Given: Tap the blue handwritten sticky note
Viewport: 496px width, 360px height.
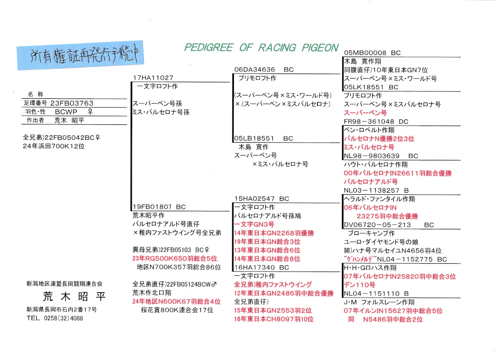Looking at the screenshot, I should tap(80, 55).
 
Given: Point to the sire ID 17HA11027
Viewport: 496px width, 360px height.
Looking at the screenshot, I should tap(153, 78).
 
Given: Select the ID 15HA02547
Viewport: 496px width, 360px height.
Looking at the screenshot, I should tap(255, 199).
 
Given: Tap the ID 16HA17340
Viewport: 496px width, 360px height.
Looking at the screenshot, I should tap(255, 267).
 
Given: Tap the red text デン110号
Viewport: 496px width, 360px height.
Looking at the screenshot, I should tap(359, 285).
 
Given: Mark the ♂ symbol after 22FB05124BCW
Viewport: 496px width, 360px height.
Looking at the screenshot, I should tap(214, 284).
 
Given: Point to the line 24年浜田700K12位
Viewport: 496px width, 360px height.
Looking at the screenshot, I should tap(54, 146).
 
